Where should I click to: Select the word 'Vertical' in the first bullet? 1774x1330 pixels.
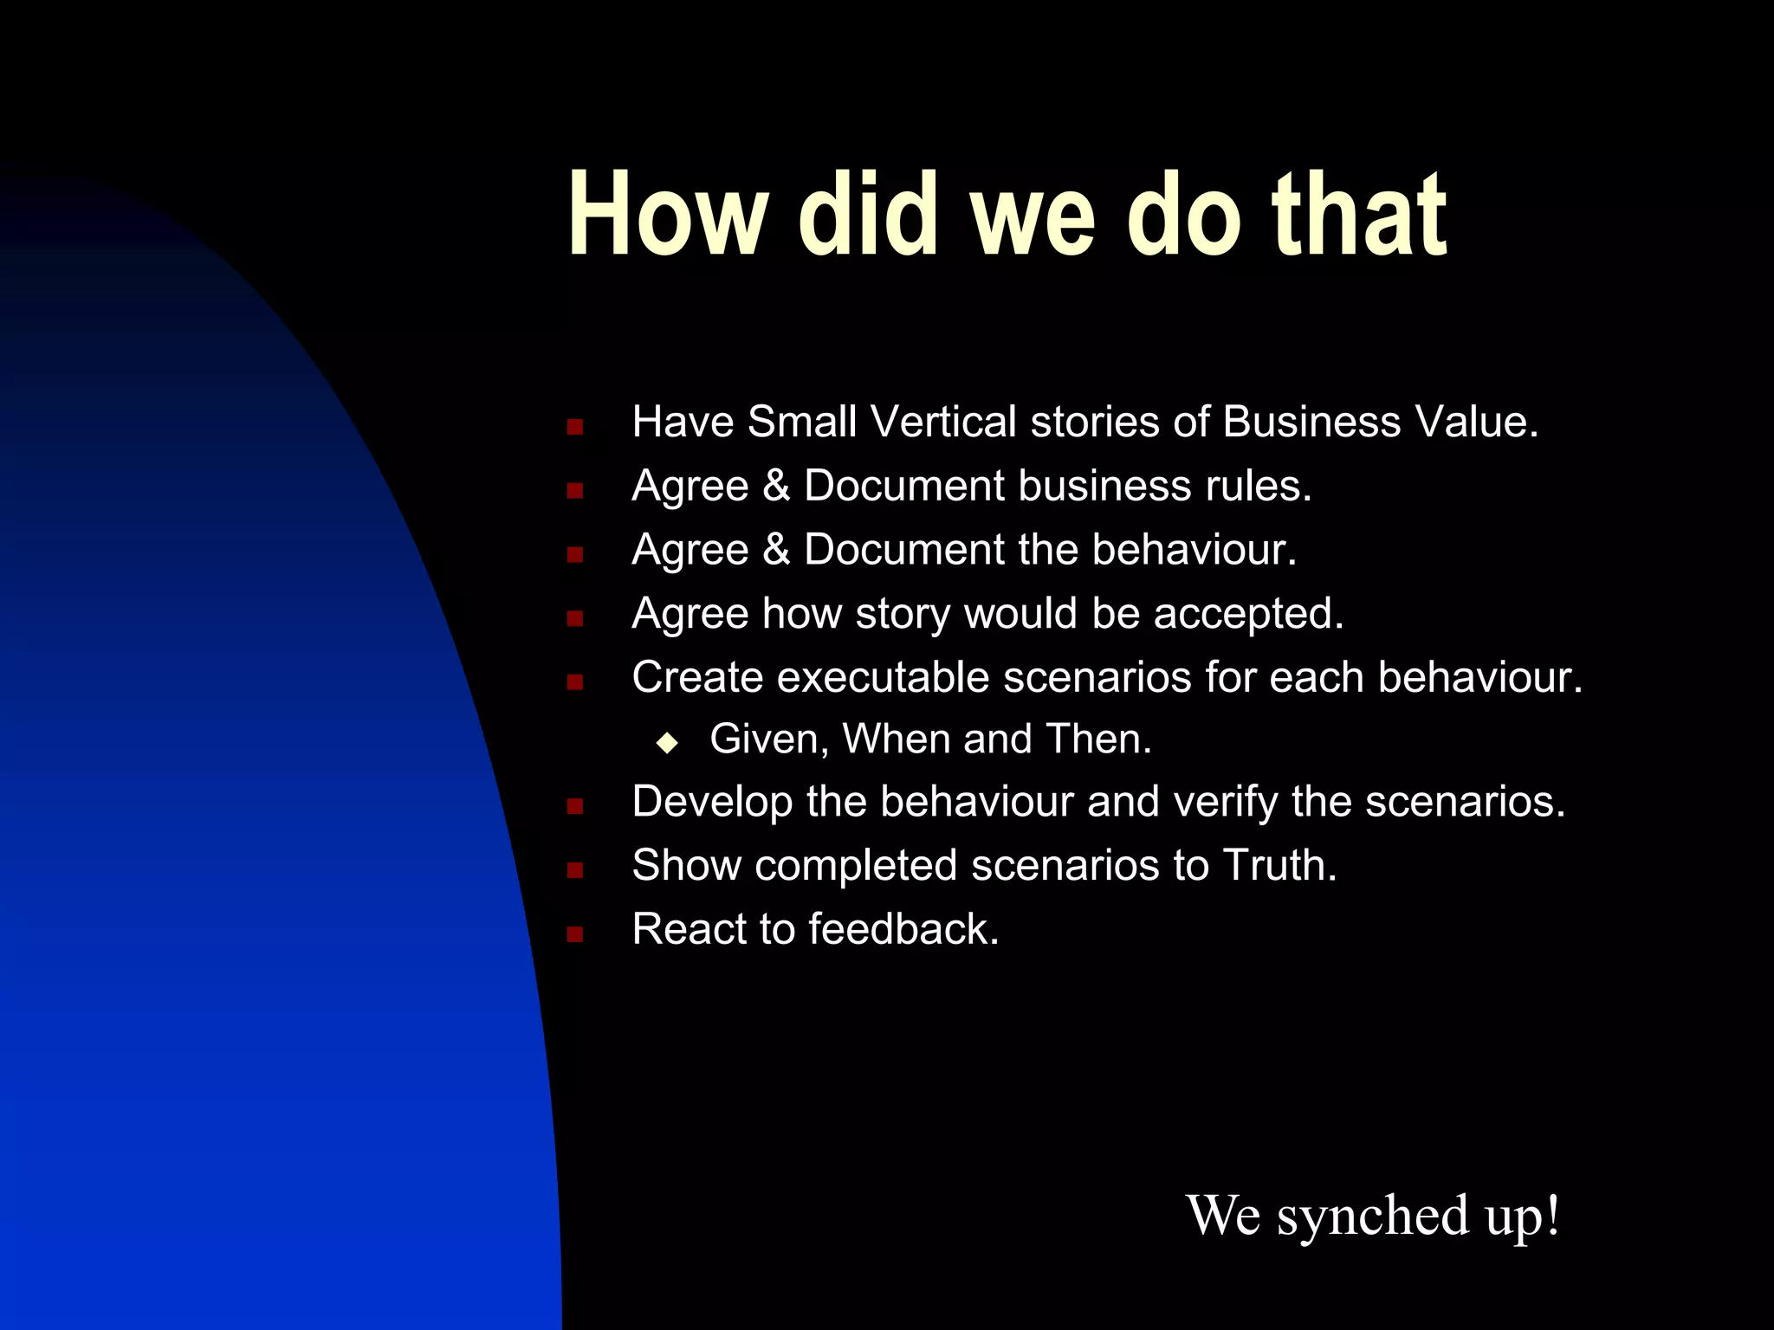(x=943, y=423)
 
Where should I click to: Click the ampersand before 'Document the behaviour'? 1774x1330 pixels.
(x=776, y=550)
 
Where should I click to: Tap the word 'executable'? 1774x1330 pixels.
(x=883, y=677)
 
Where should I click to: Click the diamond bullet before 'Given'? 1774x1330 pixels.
(x=667, y=742)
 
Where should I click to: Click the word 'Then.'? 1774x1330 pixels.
(x=1098, y=739)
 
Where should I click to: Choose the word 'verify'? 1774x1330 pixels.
(x=1225, y=802)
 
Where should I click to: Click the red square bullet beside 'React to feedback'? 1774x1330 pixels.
(x=574, y=934)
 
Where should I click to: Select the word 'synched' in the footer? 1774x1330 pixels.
(x=1372, y=1215)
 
